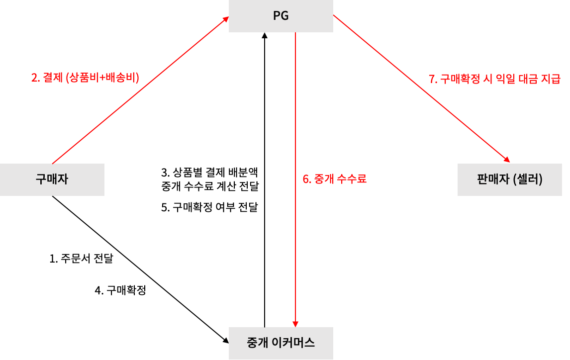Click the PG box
tap(281, 16)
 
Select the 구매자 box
tap(52, 180)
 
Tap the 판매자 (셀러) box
tap(509, 180)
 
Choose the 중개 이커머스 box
tap(281, 343)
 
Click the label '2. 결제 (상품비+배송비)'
tap(85, 78)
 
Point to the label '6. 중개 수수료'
tap(334, 179)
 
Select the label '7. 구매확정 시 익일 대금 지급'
tap(494, 79)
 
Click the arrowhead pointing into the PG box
tap(225, 19)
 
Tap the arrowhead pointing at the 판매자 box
tap(507, 160)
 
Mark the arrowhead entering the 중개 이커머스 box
tap(295, 324)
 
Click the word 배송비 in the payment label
tap(121, 78)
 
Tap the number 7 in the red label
tap(431, 79)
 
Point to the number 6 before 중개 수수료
tap(305, 179)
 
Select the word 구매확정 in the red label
tap(459, 79)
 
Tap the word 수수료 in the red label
tap(351, 179)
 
